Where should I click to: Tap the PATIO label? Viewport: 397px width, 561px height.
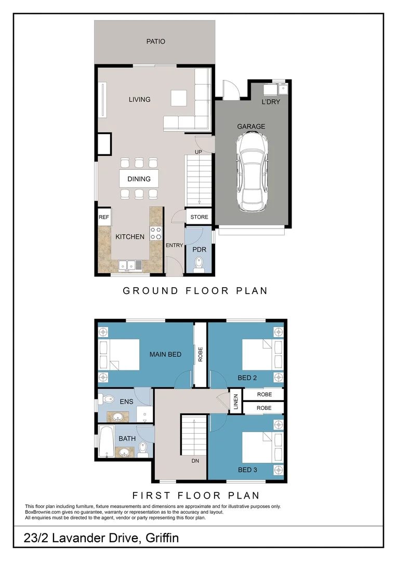tap(155, 41)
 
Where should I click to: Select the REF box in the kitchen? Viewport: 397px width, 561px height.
tap(104, 217)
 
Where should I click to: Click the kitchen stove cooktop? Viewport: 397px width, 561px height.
tap(156, 233)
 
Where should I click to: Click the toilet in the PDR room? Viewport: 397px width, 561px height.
tap(199, 266)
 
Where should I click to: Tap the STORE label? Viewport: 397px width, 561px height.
tap(199, 217)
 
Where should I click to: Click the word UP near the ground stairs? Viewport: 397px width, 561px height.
tap(198, 152)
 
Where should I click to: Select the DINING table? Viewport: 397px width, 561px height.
tap(139, 179)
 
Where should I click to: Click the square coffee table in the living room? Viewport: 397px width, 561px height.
tap(179, 98)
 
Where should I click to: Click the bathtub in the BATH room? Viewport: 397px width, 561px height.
tap(107, 442)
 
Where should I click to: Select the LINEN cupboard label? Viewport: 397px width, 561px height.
tap(235, 402)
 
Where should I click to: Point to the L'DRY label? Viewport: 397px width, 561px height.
tap(271, 102)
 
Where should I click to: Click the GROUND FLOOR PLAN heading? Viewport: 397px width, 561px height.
tap(195, 291)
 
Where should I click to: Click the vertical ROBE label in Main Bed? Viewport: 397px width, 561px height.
tap(200, 354)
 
